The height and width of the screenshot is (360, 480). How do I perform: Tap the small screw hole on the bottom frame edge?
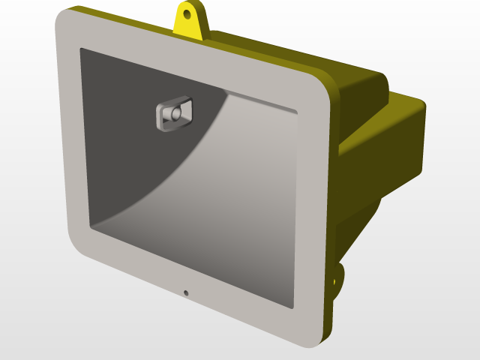pyautogui.click(x=186, y=292)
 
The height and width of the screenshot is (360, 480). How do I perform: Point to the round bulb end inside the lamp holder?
pyautogui.click(x=175, y=114)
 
